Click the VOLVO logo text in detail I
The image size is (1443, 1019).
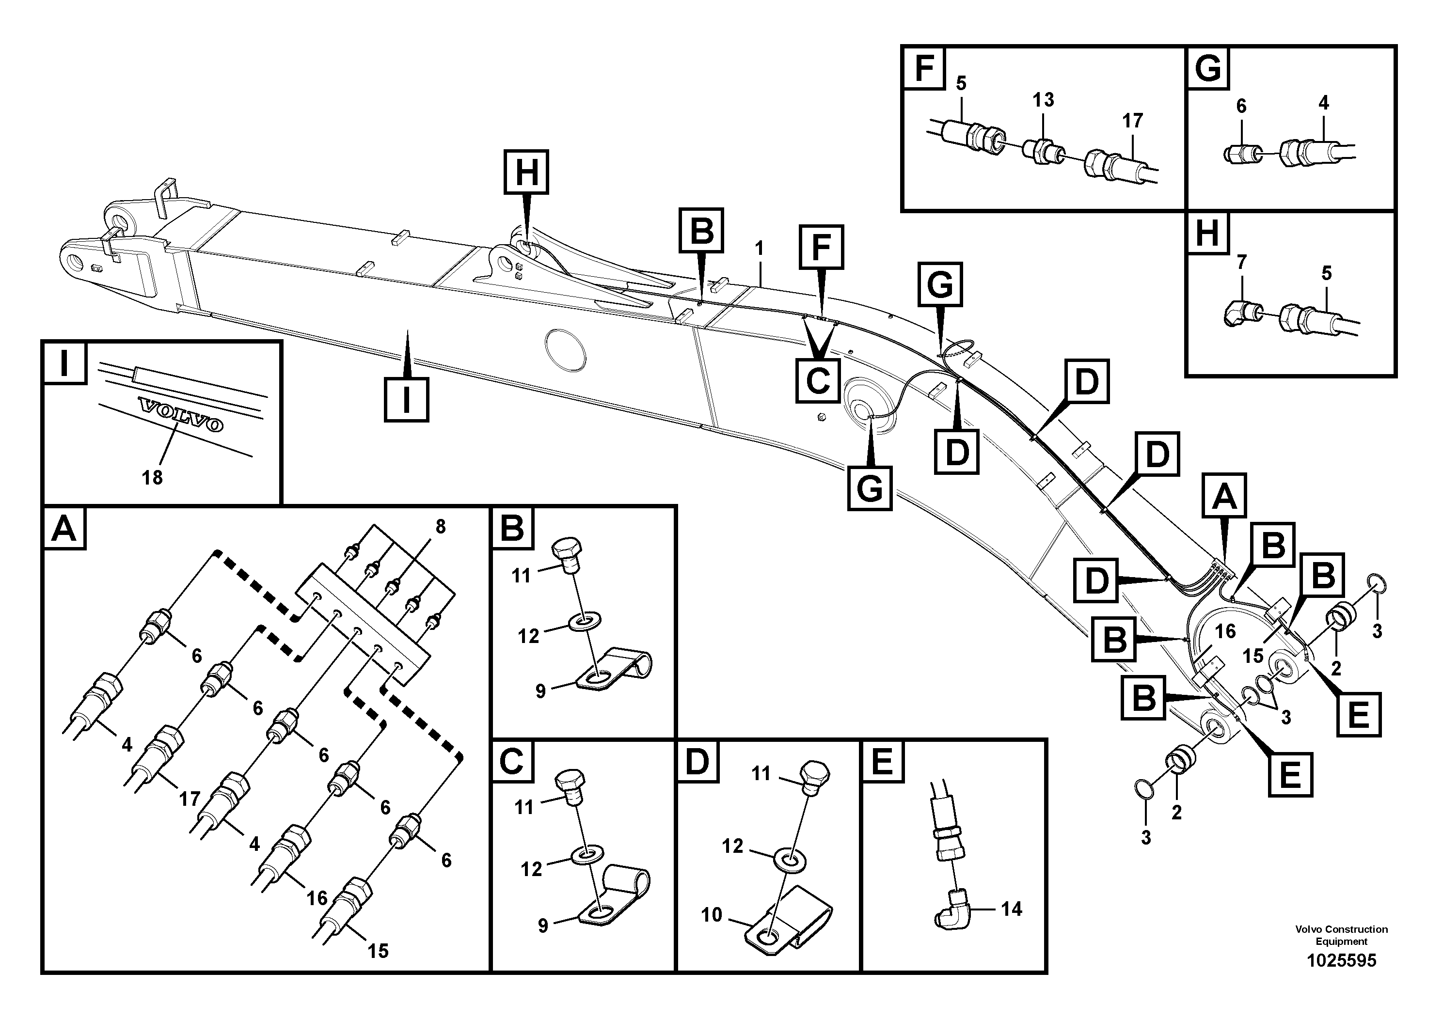point(181,415)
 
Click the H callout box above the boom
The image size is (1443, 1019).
point(526,172)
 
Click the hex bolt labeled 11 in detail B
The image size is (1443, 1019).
point(568,555)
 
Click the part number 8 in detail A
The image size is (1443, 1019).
point(440,527)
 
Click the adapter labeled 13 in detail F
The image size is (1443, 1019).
point(1043,153)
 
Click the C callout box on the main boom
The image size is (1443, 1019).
point(818,381)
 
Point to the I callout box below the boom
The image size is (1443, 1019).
point(406,400)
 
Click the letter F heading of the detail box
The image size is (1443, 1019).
point(924,68)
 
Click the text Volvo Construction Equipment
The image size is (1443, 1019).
point(1341,935)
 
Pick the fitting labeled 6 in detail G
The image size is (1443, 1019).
point(1242,153)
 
